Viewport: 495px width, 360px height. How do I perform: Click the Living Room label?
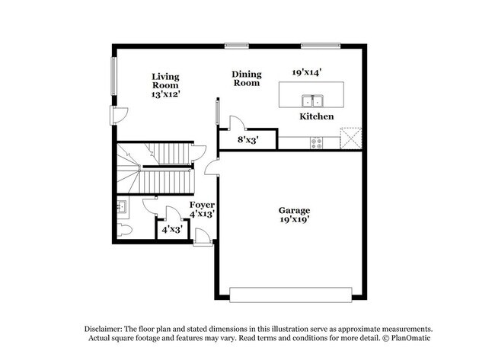click(164, 81)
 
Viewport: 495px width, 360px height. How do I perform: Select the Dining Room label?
click(247, 78)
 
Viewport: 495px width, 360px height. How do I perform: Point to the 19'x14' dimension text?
click(307, 72)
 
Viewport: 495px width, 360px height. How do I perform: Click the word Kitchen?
click(316, 116)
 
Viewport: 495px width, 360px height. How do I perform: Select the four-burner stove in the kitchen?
click(317, 142)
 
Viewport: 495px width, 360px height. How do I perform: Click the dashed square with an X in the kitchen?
click(350, 138)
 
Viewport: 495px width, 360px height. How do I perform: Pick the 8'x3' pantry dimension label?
click(247, 140)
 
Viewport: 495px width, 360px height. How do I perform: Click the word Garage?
click(293, 210)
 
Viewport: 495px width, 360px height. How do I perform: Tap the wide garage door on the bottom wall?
click(291, 295)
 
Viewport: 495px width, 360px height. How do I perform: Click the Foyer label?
click(202, 205)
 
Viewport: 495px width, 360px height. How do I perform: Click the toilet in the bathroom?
click(126, 229)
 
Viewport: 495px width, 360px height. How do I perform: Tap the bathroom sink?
click(122, 205)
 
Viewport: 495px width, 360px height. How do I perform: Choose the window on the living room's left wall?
click(115, 77)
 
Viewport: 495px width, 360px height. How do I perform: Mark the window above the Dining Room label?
click(237, 46)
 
